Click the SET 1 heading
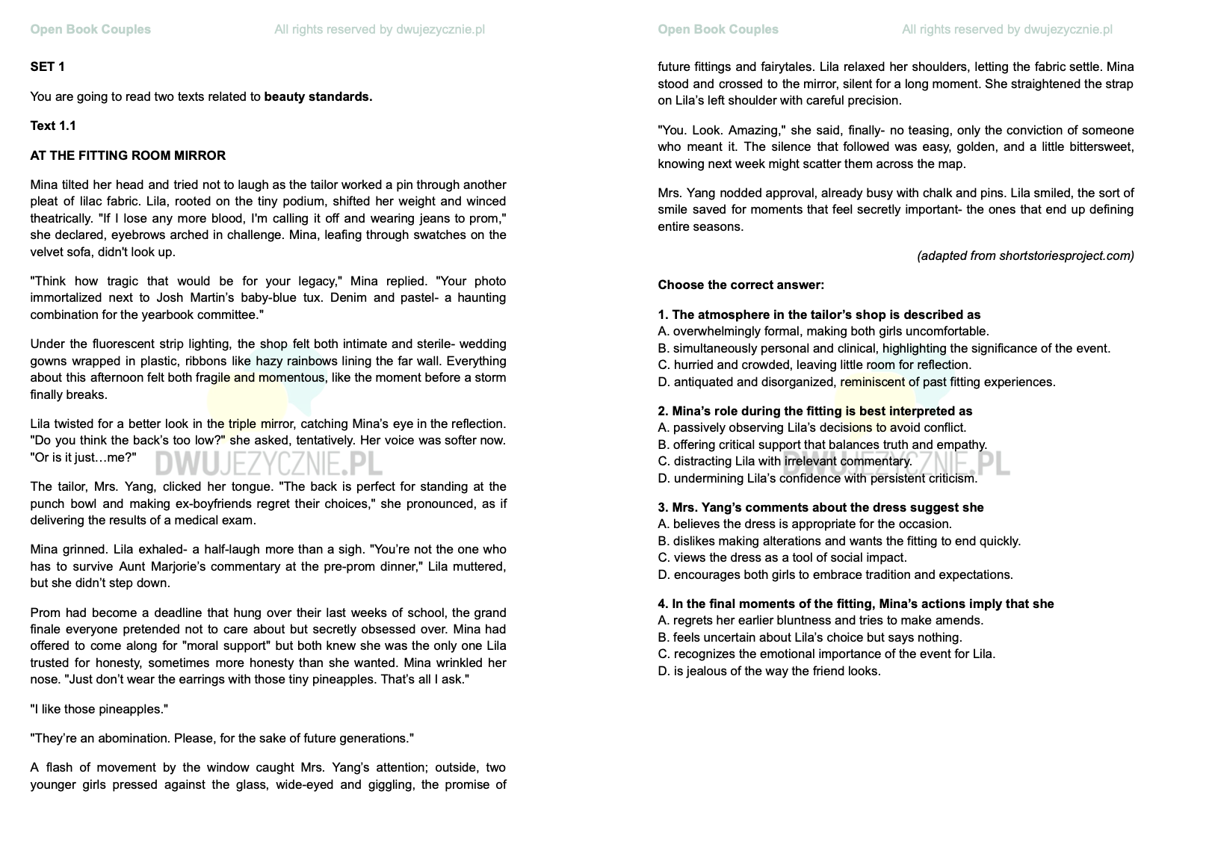47,66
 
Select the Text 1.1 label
53,125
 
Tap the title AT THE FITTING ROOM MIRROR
128,155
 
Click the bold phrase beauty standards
318,96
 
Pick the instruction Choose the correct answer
741,285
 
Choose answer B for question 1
884,348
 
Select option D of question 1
856,382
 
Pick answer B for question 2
822,444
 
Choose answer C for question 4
826,654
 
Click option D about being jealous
769,671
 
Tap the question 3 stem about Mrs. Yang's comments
820,507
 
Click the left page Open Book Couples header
90,29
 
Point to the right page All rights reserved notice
1007,29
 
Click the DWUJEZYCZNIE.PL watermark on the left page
268,464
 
